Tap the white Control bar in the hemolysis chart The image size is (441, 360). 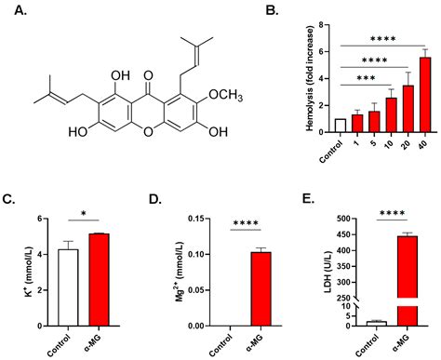pyautogui.click(x=341, y=126)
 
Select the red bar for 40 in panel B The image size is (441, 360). pyautogui.click(x=424, y=95)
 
